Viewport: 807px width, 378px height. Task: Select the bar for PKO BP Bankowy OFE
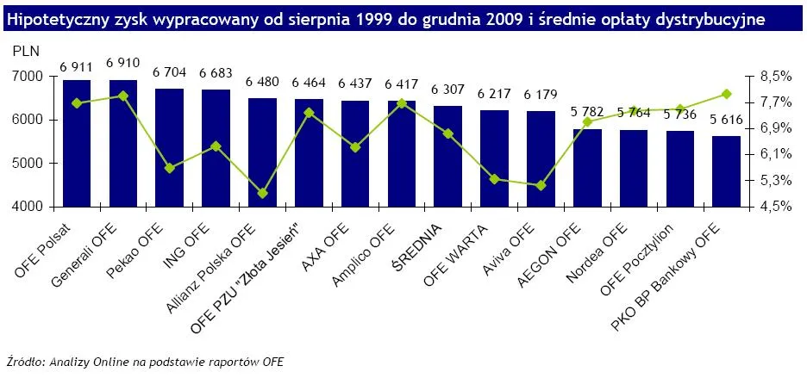(x=726, y=171)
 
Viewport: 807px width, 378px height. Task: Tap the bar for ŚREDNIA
(x=447, y=156)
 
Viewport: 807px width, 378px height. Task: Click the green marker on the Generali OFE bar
(x=123, y=96)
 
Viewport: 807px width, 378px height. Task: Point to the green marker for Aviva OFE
(x=541, y=185)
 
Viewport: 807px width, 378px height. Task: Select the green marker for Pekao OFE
(x=170, y=168)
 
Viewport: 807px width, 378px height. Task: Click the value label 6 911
(x=77, y=66)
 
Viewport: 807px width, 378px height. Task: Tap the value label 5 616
(x=727, y=121)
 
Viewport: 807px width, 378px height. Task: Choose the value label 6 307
(x=447, y=90)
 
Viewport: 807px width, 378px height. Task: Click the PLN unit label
(x=25, y=53)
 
